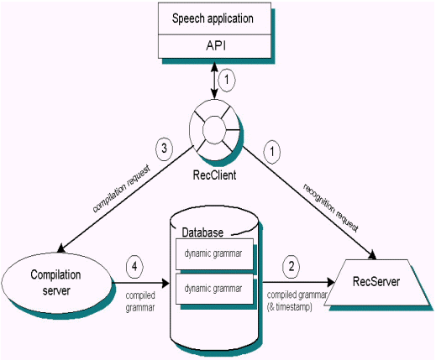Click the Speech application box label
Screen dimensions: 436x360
(213, 18)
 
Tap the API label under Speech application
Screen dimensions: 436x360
(216, 45)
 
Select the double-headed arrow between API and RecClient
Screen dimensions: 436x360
(214, 81)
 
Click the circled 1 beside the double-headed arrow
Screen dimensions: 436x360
(227, 81)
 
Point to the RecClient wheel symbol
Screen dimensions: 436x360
(214, 130)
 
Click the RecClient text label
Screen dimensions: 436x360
(214, 175)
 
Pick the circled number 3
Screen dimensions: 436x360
(164, 149)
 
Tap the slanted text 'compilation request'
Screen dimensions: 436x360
(121, 188)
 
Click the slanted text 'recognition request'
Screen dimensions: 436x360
(331, 208)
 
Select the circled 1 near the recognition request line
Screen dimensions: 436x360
(271, 152)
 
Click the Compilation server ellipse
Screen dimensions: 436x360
(56, 283)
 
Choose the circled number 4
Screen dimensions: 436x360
(134, 267)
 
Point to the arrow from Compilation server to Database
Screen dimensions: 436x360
(141, 283)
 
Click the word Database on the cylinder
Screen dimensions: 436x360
(202, 232)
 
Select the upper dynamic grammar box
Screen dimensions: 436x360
(214, 254)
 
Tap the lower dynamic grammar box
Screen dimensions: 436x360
(214, 289)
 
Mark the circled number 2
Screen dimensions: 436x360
(292, 267)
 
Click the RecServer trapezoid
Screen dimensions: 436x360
(376, 283)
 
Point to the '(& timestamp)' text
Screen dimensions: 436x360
(290, 307)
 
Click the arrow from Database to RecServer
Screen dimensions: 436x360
(298, 283)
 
